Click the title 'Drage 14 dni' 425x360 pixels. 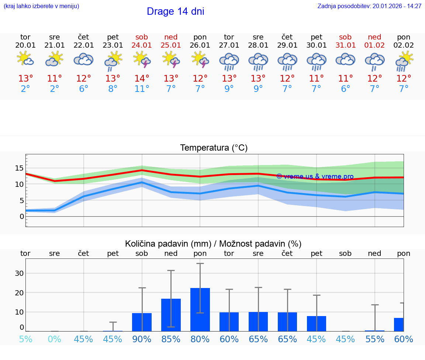click(x=175, y=11)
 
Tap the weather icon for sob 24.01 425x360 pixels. click(x=142, y=59)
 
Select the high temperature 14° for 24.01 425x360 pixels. click(x=142, y=78)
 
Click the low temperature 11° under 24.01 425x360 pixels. click(x=142, y=89)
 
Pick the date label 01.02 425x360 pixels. click(x=374, y=45)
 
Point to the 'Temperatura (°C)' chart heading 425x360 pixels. click(x=214, y=148)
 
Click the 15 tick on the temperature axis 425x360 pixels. click(x=19, y=168)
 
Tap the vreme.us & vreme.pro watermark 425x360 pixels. click(x=315, y=176)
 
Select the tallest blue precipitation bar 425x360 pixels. click(x=200, y=309)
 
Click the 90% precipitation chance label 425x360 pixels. click(x=142, y=339)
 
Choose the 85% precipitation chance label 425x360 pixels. click(x=171, y=339)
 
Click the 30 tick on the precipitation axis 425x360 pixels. click(x=19, y=273)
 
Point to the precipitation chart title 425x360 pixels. click(x=213, y=244)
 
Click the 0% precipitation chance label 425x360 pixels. click(x=54, y=339)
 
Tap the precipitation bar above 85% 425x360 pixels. click(x=171, y=315)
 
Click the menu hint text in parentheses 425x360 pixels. click(x=41, y=6)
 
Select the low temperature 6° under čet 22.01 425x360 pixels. click(x=83, y=89)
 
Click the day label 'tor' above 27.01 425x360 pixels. click(x=229, y=37)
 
